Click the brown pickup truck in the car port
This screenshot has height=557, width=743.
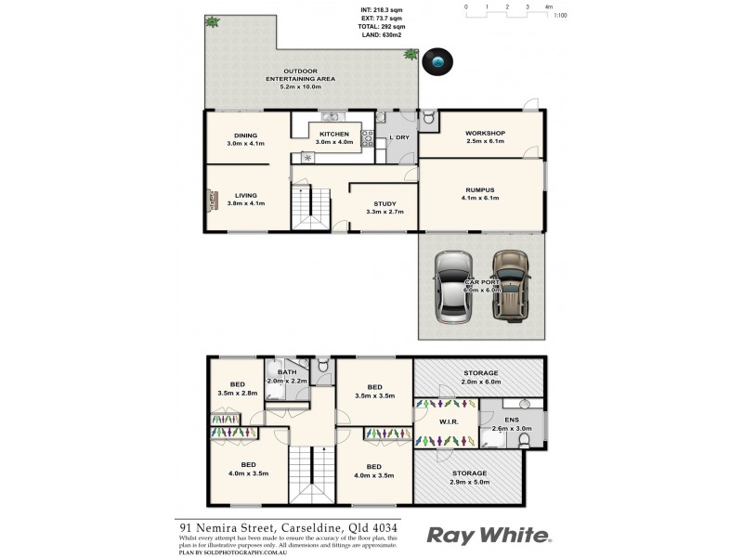pos(509,284)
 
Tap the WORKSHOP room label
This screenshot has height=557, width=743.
pos(485,134)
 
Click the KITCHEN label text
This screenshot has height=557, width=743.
pos(333,135)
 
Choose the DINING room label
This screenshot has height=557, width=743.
pos(246,136)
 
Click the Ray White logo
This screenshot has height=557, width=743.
pos(489,536)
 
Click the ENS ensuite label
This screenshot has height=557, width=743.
pos(512,420)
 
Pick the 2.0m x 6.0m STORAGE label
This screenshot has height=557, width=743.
pos(480,373)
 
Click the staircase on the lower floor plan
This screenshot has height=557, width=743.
pos(309,473)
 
